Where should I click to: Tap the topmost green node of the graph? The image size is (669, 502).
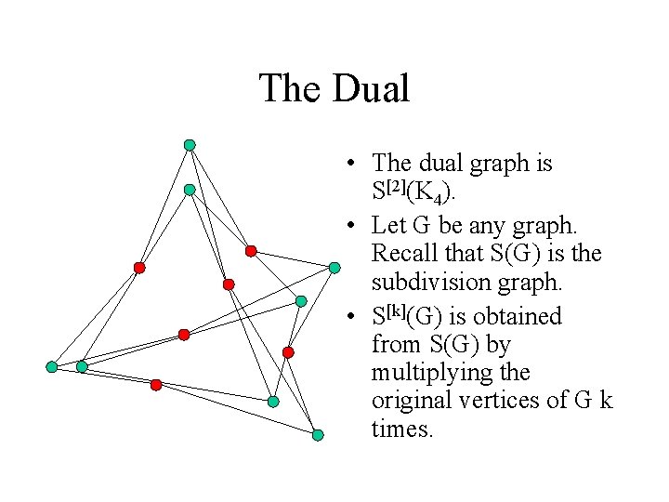(190, 145)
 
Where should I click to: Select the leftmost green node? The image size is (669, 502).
(52, 367)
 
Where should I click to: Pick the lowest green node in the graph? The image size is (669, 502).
(318, 435)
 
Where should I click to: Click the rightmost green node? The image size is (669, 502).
(334, 268)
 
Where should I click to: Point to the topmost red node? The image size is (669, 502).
(251, 251)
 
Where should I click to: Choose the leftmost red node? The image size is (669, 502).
(139, 268)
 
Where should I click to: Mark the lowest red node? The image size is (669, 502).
(156, 384)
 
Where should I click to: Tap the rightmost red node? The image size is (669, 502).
(288, 352)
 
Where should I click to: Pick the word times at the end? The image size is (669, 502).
(401, 429)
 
